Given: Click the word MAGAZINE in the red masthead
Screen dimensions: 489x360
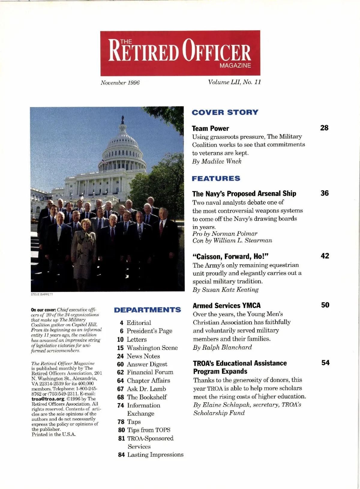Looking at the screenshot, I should click(235, 66).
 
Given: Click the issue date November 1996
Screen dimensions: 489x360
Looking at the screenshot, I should click(120, 83).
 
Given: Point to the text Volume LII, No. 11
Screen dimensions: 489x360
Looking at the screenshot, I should click(235, 82).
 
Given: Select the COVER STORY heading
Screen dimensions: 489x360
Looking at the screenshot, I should click(225, 112).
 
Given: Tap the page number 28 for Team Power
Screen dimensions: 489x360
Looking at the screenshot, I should click(324, 128).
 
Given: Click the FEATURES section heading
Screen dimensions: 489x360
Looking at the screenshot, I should click(216, 178).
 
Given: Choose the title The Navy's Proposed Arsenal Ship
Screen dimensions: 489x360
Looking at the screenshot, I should click(244, 193).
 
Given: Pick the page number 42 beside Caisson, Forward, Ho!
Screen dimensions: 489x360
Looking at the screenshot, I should click(325, 256).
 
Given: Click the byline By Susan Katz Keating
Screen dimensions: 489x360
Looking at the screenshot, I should click(226, 290).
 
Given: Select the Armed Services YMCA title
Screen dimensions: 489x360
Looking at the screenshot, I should click(226, 306).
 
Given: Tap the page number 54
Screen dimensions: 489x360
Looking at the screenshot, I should click(325, 363).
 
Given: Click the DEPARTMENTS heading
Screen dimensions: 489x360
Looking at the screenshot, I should click(147, 310).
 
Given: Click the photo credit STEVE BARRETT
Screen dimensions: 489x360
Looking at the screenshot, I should click(42, 294).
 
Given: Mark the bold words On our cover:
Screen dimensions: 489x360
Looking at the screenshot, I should click(43, 310).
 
